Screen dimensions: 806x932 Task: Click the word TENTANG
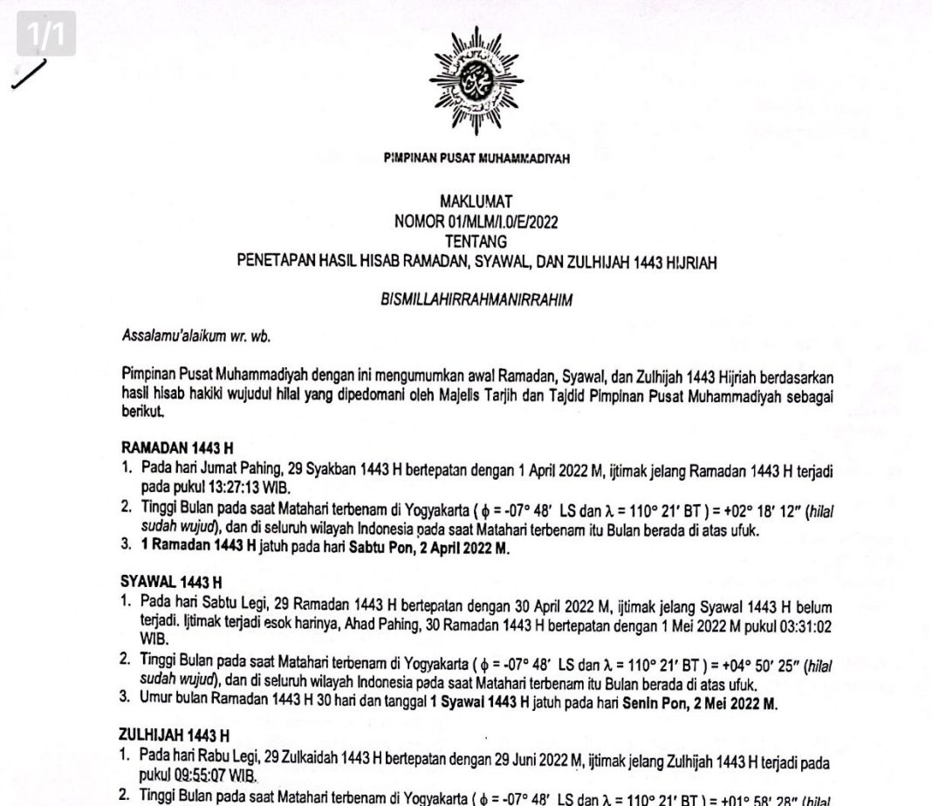click(x=476, y=240)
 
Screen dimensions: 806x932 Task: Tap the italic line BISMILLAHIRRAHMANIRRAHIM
click(x=476, y=298)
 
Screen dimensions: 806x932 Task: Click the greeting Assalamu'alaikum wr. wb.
click(x=179, y=337)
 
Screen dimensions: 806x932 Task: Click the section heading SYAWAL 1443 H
click(x=170, y=581)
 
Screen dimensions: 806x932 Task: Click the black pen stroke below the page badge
click(x=29, y=75)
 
